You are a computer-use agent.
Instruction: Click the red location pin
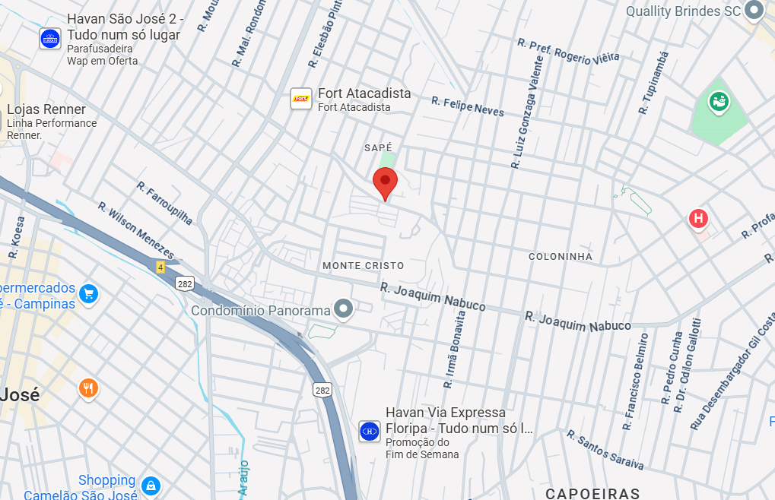tap(386, 183)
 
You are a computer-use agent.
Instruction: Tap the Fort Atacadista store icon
tap(301, 99)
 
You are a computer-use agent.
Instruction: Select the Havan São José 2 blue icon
tap(50, 39)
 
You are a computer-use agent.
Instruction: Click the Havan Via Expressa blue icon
tap(370, 431)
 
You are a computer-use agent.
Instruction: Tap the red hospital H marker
tap(698, 220)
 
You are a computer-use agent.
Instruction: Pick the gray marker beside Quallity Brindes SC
tap(754, 11)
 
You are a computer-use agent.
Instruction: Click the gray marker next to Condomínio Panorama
tap(345, 309)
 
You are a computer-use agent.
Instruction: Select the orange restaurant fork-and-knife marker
tap(89, 389)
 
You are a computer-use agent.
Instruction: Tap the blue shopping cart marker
tap(89, 294)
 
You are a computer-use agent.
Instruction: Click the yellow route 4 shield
tap(160, 267)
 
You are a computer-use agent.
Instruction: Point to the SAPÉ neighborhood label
tap(378, 147)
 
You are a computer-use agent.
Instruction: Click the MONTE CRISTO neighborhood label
tap(364, 265)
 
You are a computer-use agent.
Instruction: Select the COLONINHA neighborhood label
tap(561, 256)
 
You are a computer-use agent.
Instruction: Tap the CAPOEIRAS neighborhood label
tap(592, 493)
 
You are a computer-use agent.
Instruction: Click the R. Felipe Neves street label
tap(468, 106)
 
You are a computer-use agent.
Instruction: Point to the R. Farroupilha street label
tap(165, 202)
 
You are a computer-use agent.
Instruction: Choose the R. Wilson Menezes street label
tap(136, 230)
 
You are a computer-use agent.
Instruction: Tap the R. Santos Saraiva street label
tap(605, 450)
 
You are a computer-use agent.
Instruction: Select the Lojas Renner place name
tap(46, 109)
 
